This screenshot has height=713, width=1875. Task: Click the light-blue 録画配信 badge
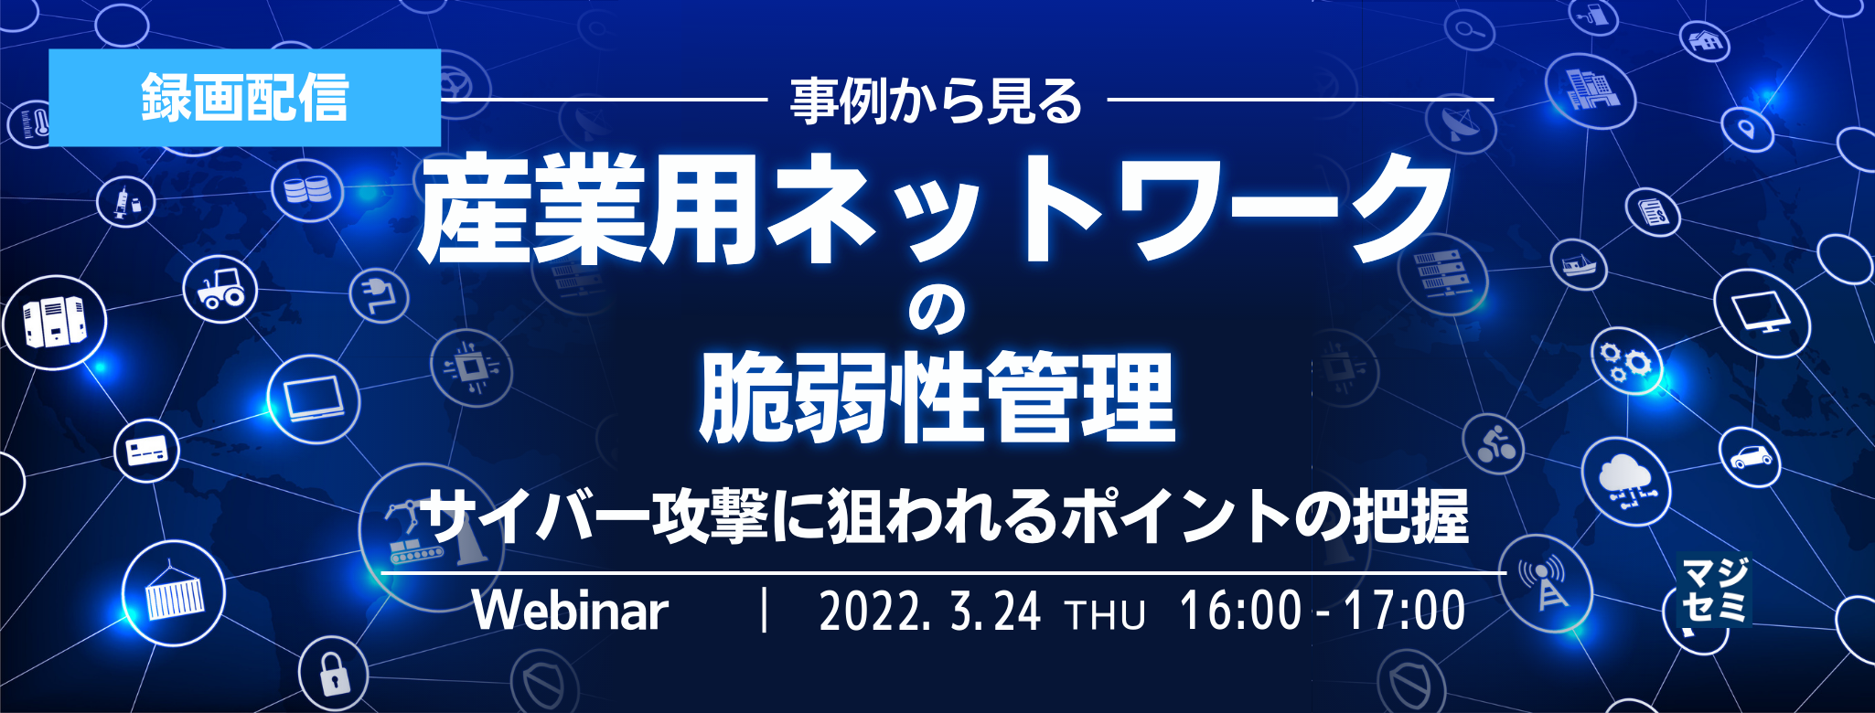(x=244, y=98)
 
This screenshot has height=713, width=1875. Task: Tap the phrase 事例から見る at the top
(x=936, y=101)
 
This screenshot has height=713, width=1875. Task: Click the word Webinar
(x=571, y=611)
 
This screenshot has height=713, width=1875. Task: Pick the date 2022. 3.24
(x=929, y=612)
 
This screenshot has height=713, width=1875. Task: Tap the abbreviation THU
(x=1105, y=615)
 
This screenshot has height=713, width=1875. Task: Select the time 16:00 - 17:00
(x=1323, y=611)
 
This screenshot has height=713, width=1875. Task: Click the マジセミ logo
(x=1715, y=591)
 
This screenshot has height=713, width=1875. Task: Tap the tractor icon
(x=220, y=287)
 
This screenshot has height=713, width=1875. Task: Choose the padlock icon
(x=334, y=674)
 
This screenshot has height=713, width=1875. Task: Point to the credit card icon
(x=146, y=451)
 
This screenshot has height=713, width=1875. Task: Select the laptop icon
(x=314, y=399)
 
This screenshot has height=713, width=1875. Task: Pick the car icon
(x=1750, y=455)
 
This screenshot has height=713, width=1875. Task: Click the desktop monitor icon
(x=1762, y=312)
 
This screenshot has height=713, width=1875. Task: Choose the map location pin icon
(x=1746, y=128)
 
